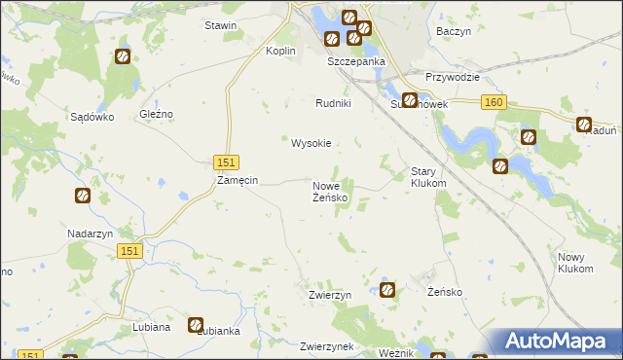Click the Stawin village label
click(x=220, y=25)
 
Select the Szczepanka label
click(x=356, y=61)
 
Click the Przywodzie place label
click(x=454, y=77)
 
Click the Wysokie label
click(x=311, y=143)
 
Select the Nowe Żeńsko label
click(x=330, y=191)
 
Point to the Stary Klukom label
click(x=428, y=176)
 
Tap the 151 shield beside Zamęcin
click(x=226, y=162)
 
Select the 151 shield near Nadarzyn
click(x=132, y=251)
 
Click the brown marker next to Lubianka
click(x=196, y=325)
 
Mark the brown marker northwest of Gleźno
click(x=123, y=57)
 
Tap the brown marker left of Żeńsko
click(x=387, y=289)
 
